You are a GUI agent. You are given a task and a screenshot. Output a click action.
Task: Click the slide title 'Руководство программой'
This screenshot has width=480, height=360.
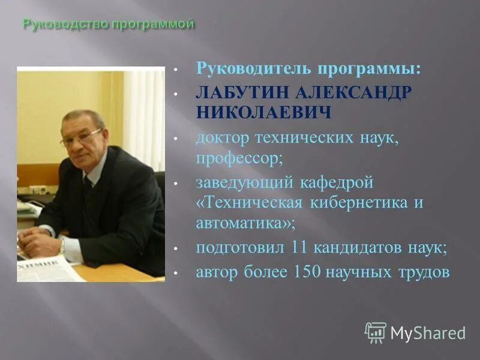[108, 25]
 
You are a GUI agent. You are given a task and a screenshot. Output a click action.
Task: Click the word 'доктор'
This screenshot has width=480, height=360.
[220, 138]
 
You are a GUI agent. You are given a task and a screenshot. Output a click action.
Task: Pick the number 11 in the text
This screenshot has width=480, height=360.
[299, 247]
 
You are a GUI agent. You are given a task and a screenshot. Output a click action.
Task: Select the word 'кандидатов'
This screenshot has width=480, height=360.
[359, 247]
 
